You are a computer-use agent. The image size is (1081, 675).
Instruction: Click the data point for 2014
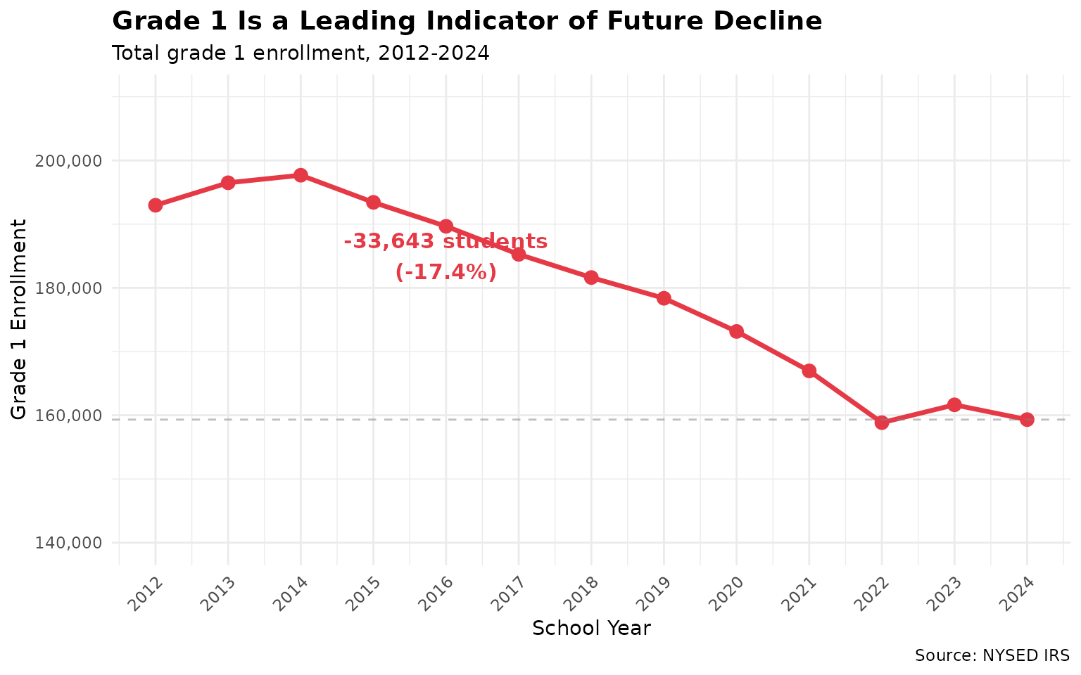click(301, 175)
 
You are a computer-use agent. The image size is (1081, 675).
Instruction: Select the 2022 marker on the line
click(882, 423)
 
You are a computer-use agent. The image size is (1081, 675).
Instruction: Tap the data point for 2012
click(156, 205)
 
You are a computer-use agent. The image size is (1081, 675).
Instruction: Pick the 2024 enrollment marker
click(1027, 420)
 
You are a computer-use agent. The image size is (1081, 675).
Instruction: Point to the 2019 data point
click(664, 298)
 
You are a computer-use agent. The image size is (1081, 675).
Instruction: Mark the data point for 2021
click(809, 371)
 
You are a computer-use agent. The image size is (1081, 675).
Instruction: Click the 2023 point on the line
click(954, 404)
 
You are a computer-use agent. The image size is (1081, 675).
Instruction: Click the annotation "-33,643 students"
click(445, 242)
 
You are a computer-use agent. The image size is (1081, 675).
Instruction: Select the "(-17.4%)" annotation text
click(446, 272)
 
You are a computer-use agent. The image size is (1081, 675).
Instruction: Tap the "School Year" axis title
click(591, 628)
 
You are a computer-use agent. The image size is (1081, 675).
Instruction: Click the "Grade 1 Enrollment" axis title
click(20, 319)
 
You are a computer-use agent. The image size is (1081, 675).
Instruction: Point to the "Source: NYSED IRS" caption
click(992, 656)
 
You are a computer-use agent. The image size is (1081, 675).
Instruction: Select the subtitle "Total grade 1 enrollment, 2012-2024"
click(301, 53)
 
